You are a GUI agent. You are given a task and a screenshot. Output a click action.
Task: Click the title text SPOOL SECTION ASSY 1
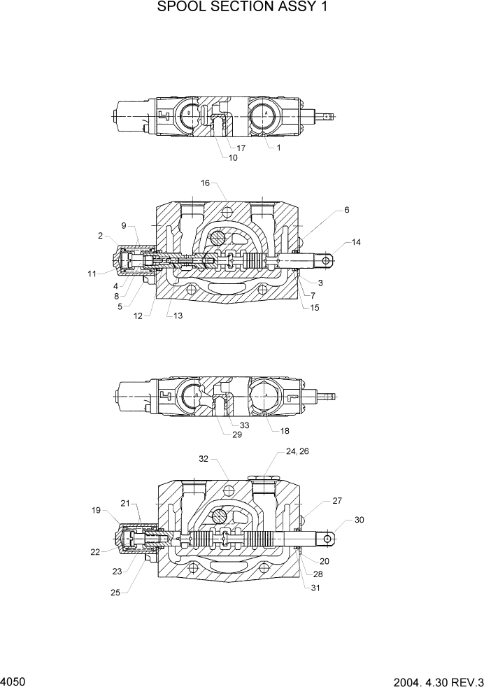(244, 8)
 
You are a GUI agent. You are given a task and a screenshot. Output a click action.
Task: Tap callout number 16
(206, 183)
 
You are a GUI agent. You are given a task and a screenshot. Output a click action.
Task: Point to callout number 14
(356, 242)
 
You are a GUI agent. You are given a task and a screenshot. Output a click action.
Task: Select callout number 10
(233, 158)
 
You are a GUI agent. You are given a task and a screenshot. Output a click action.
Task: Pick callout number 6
(347, 209)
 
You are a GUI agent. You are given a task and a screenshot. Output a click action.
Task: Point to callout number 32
(204, 459)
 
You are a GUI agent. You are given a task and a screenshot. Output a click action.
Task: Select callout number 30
(360, 520)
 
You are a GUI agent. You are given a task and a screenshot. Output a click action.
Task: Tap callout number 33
(244, 425)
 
